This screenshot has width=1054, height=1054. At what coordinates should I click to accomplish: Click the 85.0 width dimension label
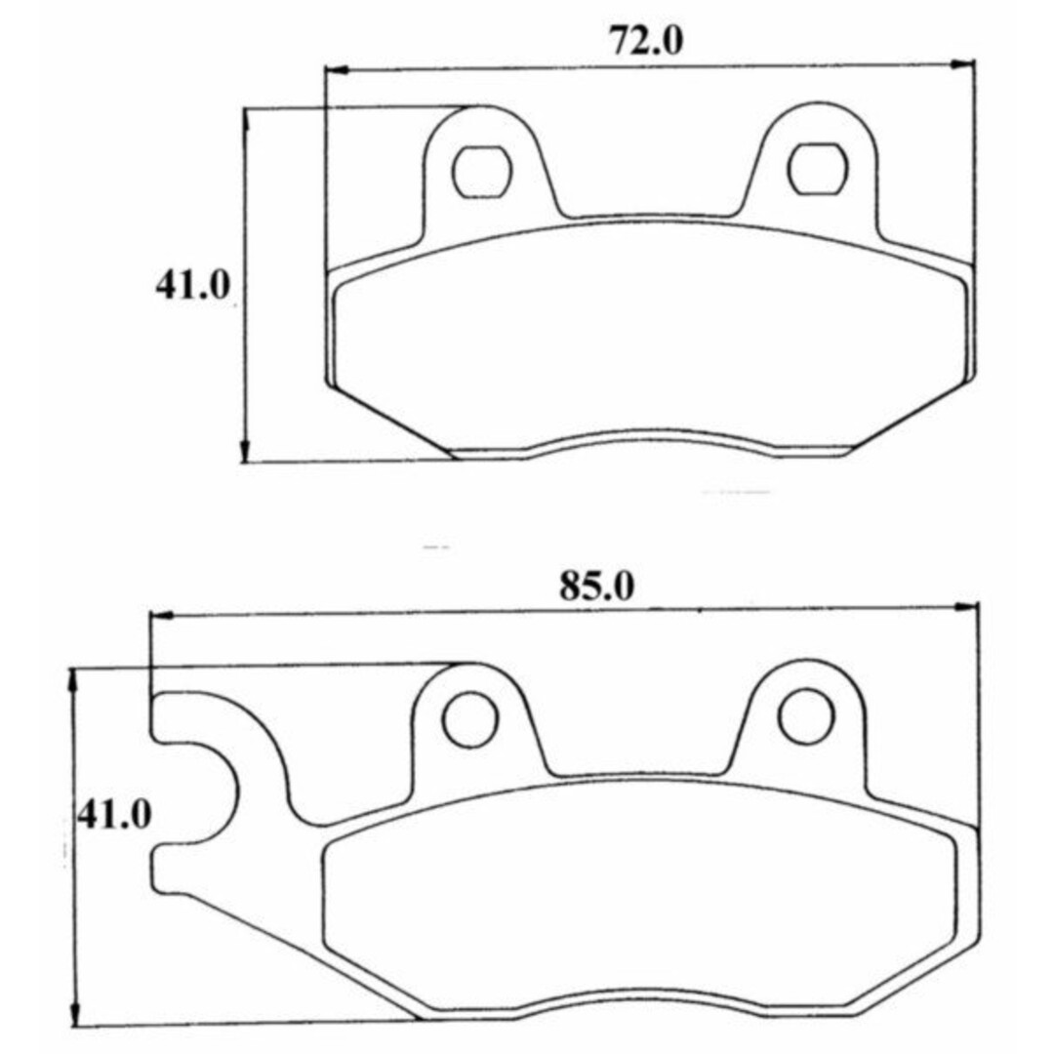tap(596, 587)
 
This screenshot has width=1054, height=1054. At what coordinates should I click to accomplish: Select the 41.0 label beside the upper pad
tap(193, 285)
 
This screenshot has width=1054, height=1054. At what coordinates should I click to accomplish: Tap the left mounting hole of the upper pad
tap(482, 172)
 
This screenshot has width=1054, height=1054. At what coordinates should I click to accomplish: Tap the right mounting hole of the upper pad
tap(818, 169)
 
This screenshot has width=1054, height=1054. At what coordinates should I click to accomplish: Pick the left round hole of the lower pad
tap(470, 718)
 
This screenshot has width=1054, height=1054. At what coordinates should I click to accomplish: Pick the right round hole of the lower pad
tap(807, 716)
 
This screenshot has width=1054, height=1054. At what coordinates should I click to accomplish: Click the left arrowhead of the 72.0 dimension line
tap(337, 69)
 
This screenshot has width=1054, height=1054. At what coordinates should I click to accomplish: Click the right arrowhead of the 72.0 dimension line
tap(963, 64)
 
